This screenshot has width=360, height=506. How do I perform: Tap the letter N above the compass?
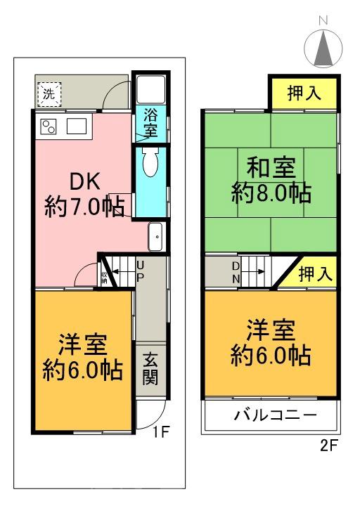pos(323,21)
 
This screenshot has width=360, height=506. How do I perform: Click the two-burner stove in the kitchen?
pos(49,126)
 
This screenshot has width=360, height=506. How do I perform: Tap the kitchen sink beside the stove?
pos(76,126)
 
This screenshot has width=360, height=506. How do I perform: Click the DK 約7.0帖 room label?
pos(84,193)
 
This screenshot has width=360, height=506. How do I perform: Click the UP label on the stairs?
pos(141,270)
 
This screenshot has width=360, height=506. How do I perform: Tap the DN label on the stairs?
pos(236,271)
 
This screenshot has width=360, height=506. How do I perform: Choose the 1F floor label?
pos(162,431)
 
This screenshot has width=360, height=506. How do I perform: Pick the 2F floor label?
pos(328,444)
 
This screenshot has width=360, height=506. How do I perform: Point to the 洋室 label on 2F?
pos(271,342)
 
